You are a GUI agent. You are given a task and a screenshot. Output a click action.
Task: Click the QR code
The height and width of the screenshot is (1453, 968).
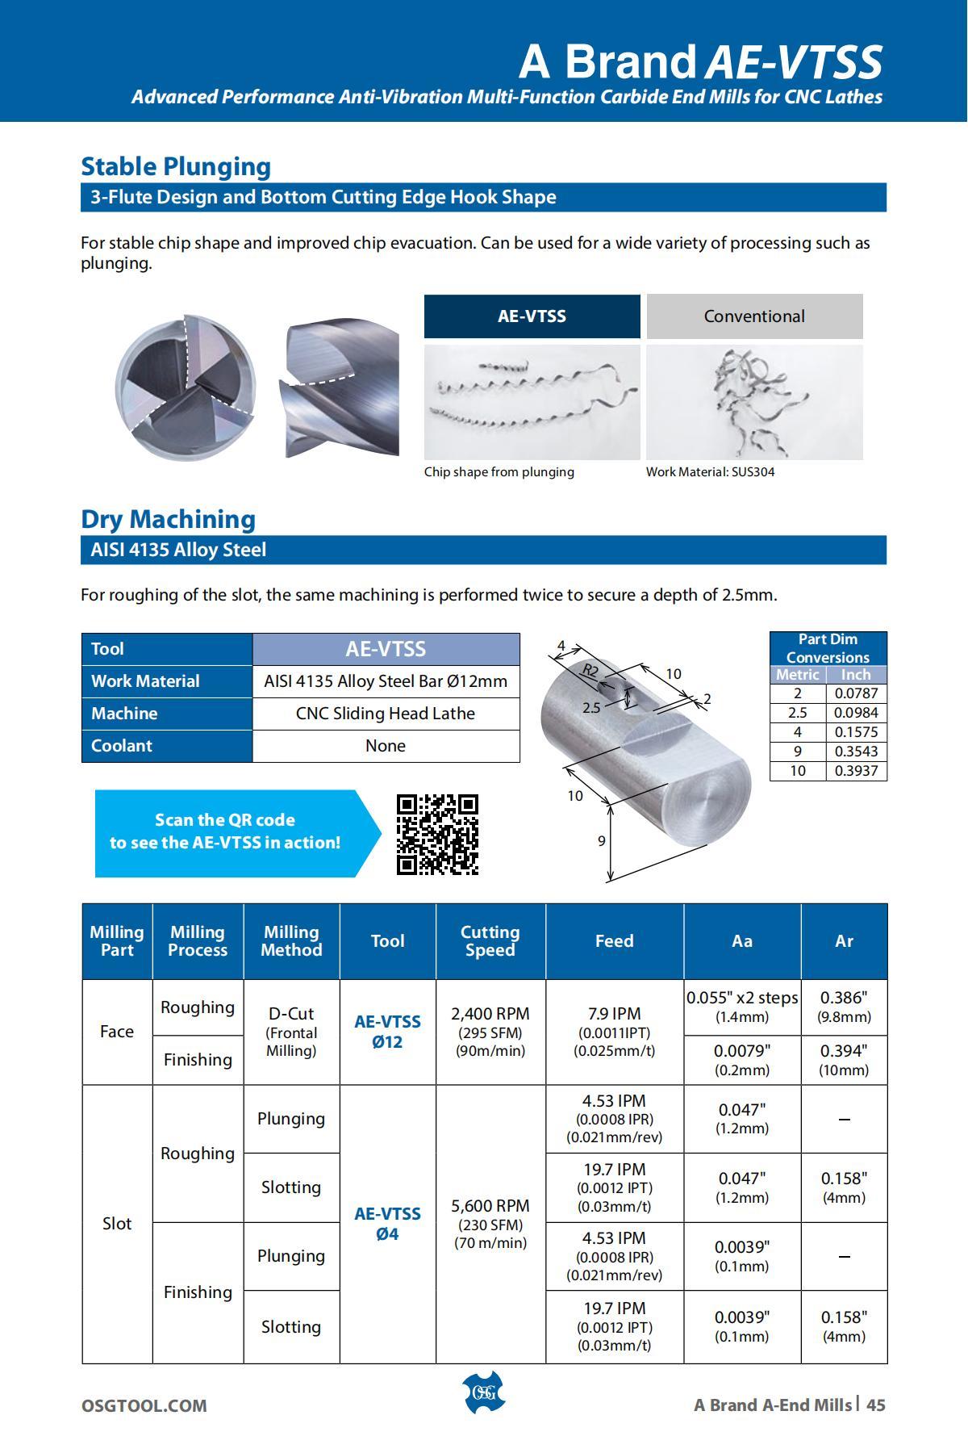click(437, 834)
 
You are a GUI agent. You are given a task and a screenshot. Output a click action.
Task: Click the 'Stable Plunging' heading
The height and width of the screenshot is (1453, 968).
click(176, 166)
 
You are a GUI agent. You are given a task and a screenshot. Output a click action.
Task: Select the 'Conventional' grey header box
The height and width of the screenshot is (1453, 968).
click(754, 316)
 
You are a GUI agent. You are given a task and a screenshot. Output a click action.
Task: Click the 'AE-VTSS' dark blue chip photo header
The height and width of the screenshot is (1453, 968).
click(532, 316)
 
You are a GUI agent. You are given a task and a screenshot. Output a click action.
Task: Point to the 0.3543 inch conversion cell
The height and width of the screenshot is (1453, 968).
click(856, 751)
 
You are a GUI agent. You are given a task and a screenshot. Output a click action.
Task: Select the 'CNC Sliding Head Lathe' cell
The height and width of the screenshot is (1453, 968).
click(386, 714)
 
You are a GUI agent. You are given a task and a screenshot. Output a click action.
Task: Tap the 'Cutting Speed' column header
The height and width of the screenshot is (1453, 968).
click(490, 940)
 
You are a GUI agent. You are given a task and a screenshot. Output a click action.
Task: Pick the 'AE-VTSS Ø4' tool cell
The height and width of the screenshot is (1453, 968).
click(387, 1223)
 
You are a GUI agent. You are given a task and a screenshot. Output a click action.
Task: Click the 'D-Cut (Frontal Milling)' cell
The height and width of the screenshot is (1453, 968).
click(291, 1031)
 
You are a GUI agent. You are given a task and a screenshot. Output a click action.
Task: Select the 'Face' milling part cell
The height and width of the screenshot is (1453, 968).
click(117, 1031)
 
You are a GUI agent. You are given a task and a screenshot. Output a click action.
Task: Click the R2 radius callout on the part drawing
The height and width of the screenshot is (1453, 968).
click(590, 670)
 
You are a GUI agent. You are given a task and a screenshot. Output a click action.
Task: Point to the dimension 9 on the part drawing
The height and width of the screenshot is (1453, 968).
click(601, 840)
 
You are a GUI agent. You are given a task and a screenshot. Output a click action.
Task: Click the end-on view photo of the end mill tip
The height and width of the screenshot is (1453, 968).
click(186, 387)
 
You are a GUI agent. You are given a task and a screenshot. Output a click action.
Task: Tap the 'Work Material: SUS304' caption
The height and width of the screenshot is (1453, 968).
click(710, 471)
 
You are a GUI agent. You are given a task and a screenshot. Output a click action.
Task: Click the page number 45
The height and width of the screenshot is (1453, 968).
click(876, 1405)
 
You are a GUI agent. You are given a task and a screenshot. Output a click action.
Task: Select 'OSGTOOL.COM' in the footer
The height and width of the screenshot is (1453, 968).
click(144, 1405)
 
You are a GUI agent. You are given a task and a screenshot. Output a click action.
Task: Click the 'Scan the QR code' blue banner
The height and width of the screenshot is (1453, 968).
click(226, 831)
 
